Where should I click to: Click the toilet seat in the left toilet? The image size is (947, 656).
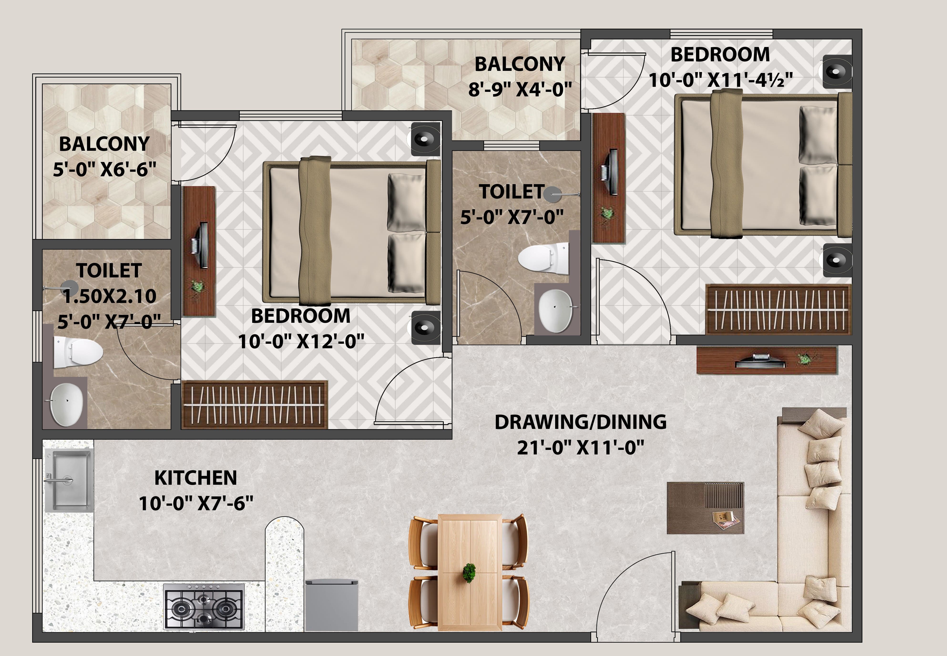point(78,353)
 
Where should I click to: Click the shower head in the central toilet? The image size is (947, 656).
point(553,194)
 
